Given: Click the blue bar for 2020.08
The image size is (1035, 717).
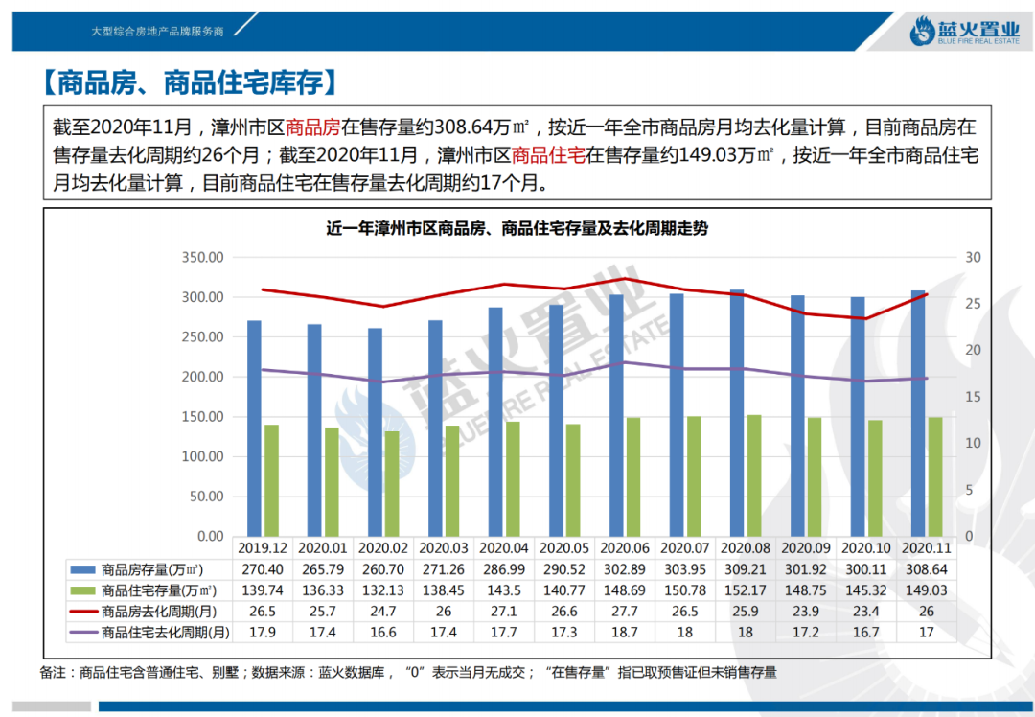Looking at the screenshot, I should point(737,412).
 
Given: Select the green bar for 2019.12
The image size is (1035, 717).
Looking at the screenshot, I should point(271,480).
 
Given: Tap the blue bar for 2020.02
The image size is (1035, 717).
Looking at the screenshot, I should point(375,431).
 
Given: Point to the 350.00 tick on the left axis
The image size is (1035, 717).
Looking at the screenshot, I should point(203,258).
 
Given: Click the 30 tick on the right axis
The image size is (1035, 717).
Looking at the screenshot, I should point(973,258).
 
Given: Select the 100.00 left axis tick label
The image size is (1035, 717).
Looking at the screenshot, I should point(203,456).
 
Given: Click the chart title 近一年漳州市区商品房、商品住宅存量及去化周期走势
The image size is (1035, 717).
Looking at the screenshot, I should point(517,229).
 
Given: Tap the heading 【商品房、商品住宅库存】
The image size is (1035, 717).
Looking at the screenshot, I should point(192,82).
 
